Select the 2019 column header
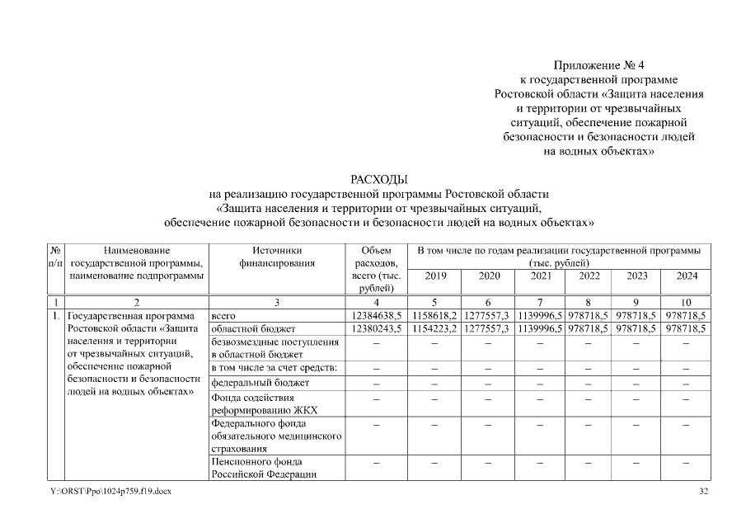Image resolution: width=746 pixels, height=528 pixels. [436, 276]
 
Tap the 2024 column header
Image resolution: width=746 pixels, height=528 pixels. [687, 276]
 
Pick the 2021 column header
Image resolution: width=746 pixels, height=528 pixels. [540, 276]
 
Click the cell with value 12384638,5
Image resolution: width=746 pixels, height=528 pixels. [376, 315]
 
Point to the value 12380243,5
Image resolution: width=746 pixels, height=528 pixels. [376, 328]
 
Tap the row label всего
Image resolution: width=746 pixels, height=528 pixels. [224, 315]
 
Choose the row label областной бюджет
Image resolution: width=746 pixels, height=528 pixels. [247, 328]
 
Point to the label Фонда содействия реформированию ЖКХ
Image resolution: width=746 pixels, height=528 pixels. [264, 403]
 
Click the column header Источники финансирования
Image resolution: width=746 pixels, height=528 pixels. [277, 257]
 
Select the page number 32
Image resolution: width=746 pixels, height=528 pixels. [703, 492]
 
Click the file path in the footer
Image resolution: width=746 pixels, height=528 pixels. [110, 492]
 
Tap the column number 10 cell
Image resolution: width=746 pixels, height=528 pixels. [687, 302]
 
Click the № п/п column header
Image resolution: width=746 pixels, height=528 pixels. [54, 257]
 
